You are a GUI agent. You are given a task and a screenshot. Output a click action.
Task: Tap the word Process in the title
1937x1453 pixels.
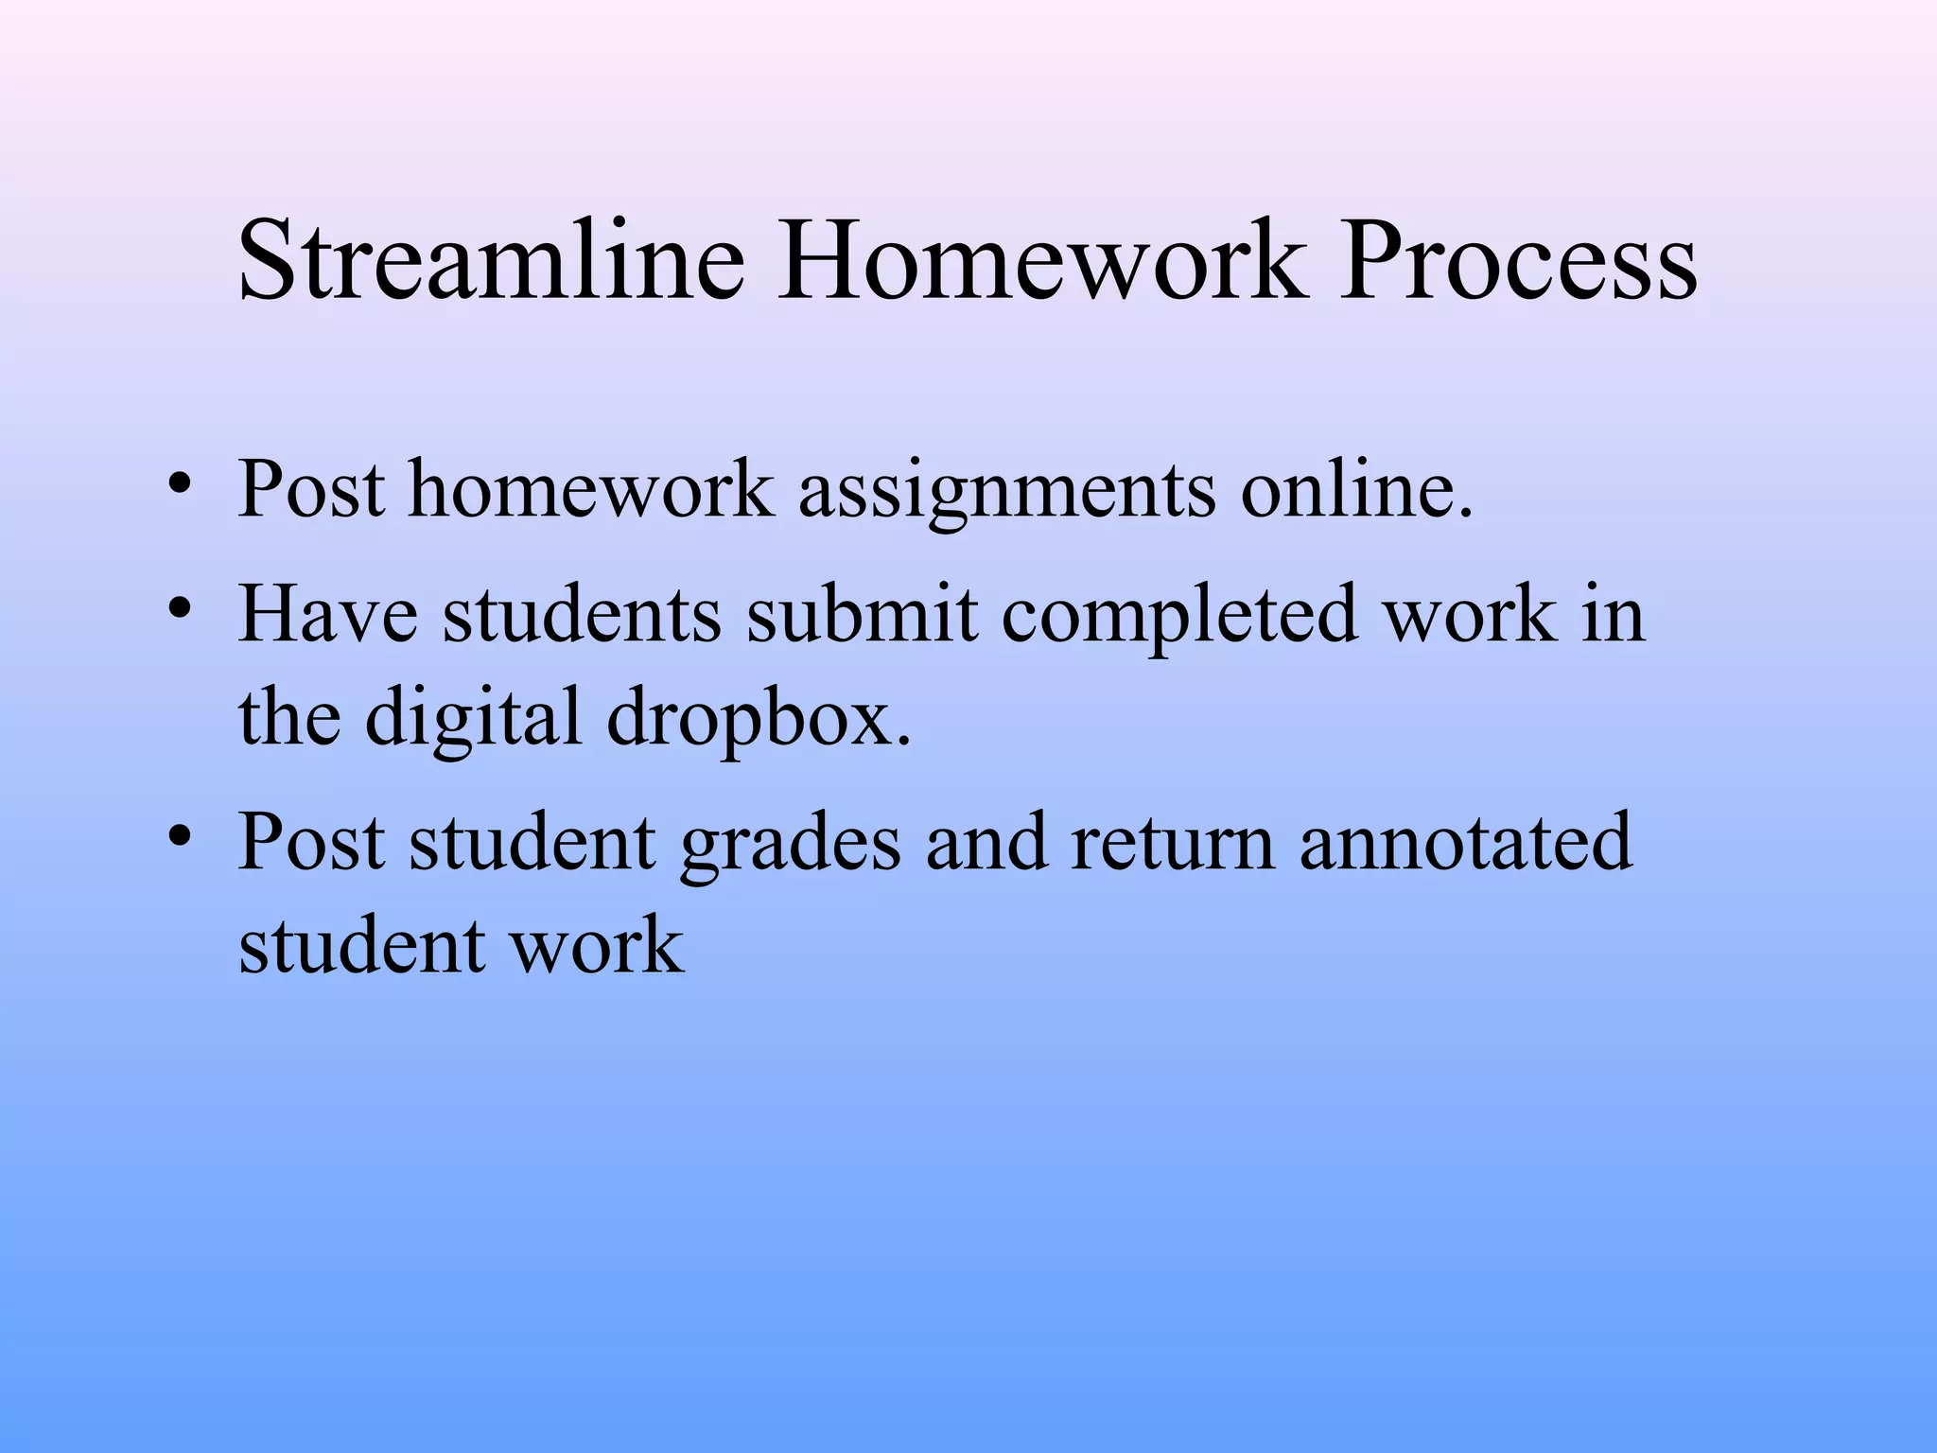click(x=1519, y=260)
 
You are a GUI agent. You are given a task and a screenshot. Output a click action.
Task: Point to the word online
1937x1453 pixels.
click(x=1357, y=489)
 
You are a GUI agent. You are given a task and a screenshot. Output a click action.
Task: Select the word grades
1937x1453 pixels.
click(x=790, y=844)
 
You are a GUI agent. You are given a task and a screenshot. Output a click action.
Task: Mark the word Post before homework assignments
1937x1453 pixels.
click(x=312, y=489)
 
